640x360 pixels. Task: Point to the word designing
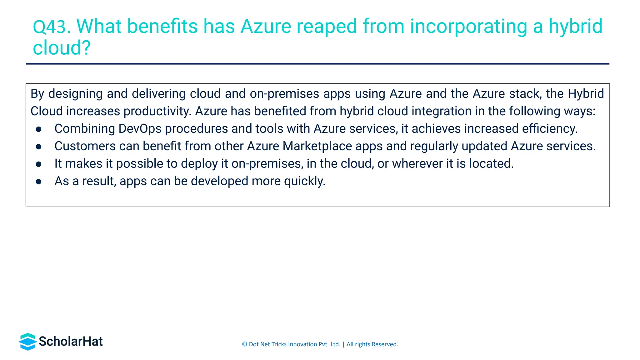pyautogui.click(x=75, y=94)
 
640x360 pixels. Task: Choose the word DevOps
pyautogui.click(x=140, y=129)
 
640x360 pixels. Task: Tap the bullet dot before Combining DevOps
pyautogui.click(x=39, y=129)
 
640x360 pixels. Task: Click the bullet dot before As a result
pyautogui.click(x=39, y=182)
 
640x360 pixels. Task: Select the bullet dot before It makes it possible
pyautogui.click(x=39, y=164)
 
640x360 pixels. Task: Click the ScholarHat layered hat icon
pyautogui.click(x=28, y=342)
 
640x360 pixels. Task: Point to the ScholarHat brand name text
pyautogui.click(x=71, y=342)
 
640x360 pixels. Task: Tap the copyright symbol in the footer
pyautogui.click(x=244, y=344)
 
